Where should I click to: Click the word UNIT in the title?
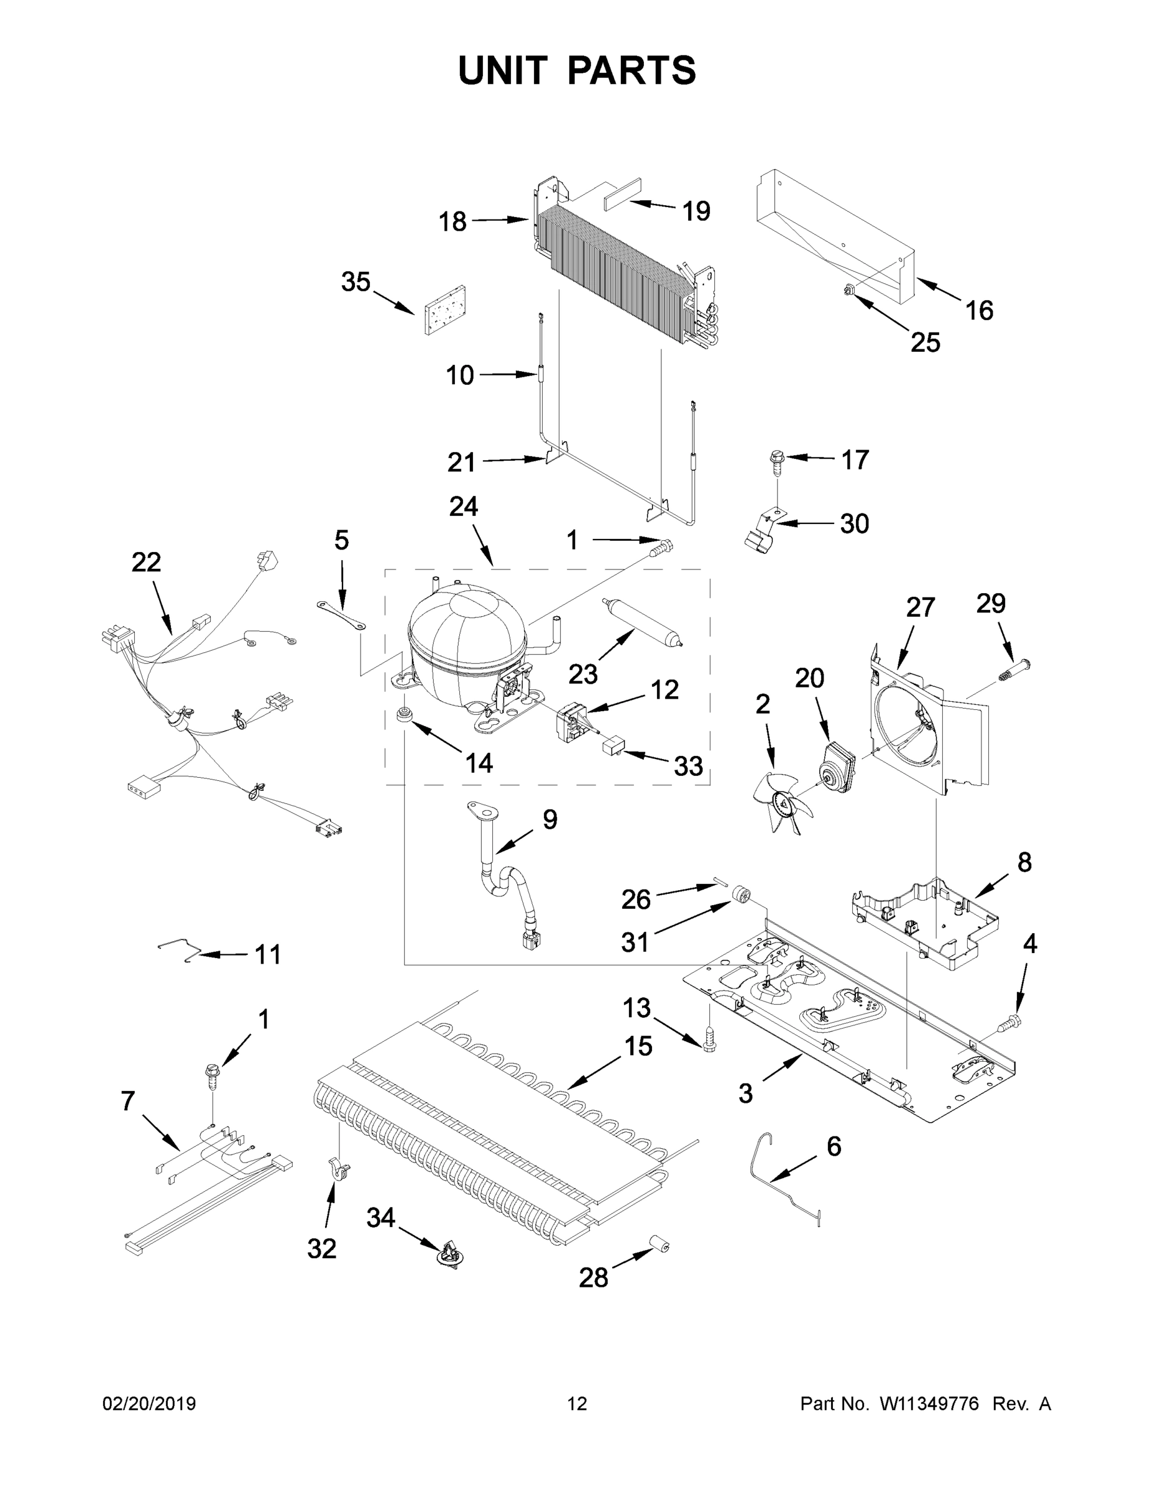tap(503, 70)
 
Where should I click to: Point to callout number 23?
tap(582, 675)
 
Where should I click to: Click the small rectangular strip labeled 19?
tap(623, 193)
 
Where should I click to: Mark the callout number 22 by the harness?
tap(146, 562)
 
